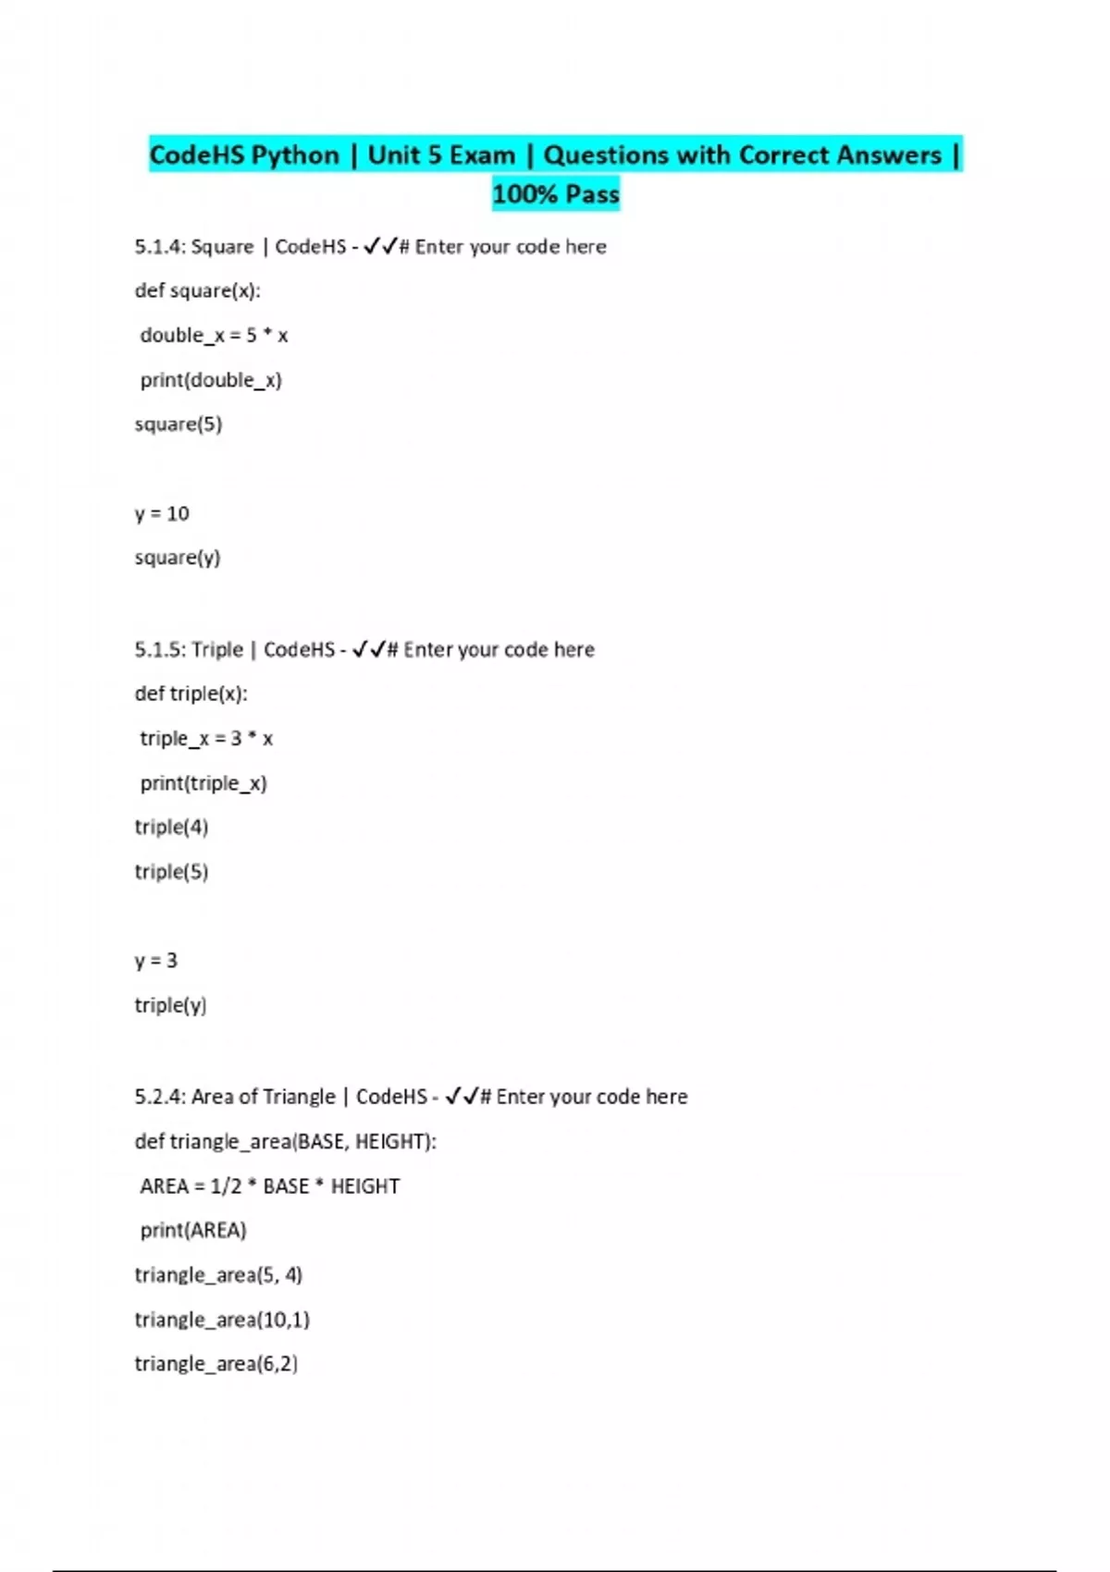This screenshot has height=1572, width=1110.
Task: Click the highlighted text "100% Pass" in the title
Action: click(555, 194)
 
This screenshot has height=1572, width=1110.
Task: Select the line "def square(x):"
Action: click(197, 290)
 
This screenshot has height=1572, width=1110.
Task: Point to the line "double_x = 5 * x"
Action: click(214, 335)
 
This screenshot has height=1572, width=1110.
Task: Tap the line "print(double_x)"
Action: click(211, 380)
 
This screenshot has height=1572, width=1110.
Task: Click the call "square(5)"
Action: click(179, 424)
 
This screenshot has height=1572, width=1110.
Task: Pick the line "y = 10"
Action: click(162, 513)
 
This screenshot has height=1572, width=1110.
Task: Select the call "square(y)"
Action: click(178, 558)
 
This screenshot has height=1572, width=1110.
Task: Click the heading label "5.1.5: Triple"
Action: click(189, 650)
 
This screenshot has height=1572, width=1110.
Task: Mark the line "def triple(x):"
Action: click(191, 694)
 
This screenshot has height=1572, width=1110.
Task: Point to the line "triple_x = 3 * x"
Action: click(206, 738)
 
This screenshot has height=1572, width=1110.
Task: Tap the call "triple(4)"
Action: click(171, 827)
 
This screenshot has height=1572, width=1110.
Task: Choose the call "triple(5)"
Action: click(171, 871)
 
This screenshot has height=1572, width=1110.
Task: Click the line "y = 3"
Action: click(155, 961)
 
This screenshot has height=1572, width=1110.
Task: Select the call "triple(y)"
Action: click(170, 1005)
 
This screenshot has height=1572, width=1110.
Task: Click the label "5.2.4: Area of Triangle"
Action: click(235, 1097)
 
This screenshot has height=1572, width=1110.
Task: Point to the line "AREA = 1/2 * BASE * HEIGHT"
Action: click(270, 1186)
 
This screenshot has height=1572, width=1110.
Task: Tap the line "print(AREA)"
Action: click(193, 1231)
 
